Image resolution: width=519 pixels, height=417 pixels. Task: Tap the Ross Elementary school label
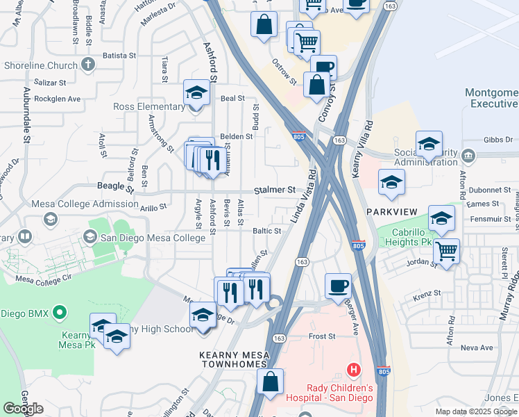(x=149, y=107)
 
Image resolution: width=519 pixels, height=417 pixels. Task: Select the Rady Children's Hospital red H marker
(x=354, y=370)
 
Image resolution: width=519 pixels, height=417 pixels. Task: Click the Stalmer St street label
(x=274, y=190)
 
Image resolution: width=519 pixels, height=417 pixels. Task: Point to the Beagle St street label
(x=115, y=186)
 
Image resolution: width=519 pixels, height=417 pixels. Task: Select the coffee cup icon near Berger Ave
(x=338, y=285)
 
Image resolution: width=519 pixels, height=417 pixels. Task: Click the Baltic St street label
(x=266, y=231)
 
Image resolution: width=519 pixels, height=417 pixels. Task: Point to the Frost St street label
(x=322, y=336)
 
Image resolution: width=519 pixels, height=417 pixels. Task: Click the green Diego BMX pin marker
(x=60, y=313)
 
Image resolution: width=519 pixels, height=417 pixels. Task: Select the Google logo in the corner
(x=23, y=409)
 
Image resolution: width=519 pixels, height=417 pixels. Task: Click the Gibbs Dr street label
(x=498, y=139)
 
